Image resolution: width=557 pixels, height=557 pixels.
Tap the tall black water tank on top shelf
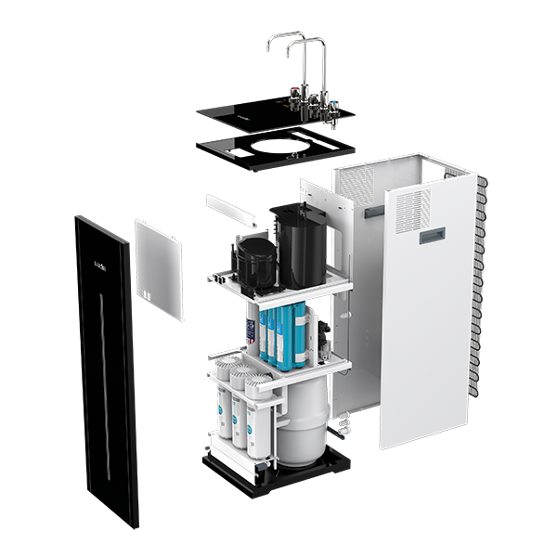298,245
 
